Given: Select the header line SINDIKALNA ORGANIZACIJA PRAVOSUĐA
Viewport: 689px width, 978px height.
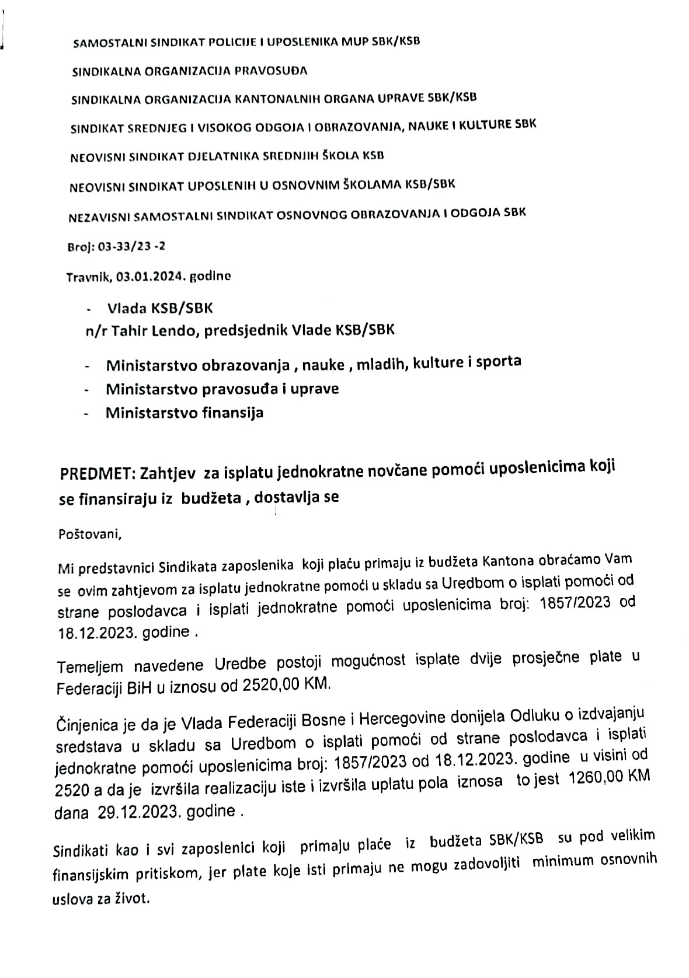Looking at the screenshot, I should pos(189,72).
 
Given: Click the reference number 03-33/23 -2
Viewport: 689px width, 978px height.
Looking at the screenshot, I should pos(131,246).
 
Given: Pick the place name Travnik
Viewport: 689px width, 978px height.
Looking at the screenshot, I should pos(88,277).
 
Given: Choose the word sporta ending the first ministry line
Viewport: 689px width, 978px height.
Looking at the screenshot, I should pos(498,362).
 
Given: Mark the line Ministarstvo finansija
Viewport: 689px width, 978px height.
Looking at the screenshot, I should pos(184,413).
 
